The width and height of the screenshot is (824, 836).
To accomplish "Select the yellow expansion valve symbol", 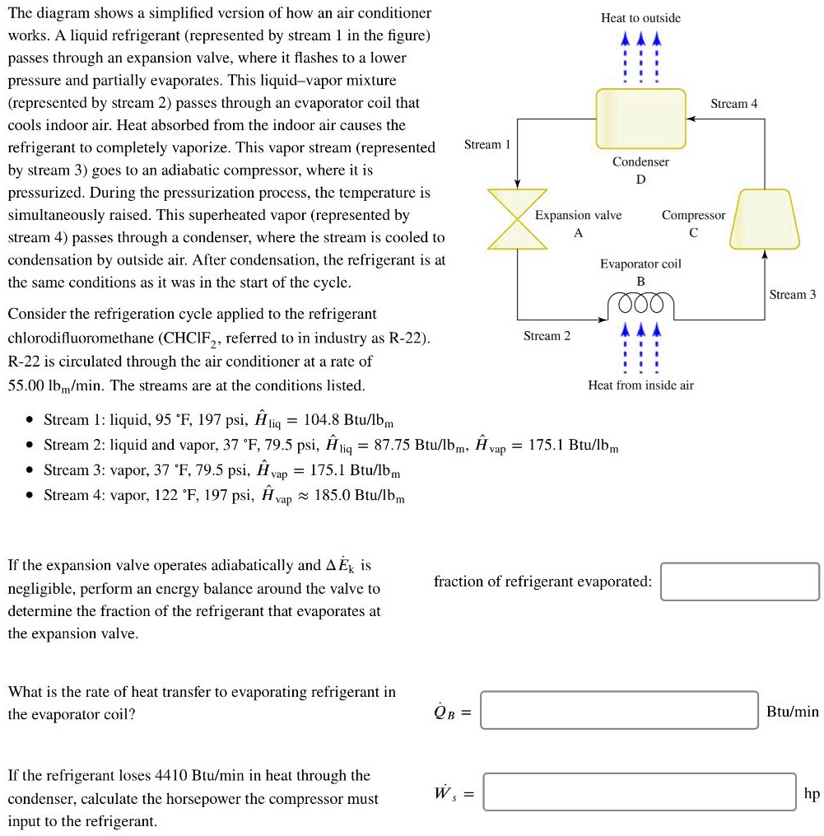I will tap(517, 219).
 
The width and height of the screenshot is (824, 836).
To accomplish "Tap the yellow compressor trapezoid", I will tap(766, 219).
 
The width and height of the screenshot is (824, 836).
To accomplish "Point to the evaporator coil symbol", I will tap(640, 305).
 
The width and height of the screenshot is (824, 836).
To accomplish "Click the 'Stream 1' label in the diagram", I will tap(487, 145).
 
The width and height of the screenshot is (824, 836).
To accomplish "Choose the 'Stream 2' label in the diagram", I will tap(547, 336).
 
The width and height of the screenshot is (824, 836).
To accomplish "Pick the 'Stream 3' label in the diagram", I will tap(792, 295).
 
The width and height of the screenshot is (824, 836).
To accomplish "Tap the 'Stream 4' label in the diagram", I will tap(733, 104).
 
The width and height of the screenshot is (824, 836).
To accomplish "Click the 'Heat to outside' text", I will tap(640, 18).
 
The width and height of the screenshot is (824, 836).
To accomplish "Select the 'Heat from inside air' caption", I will tap(640, 385).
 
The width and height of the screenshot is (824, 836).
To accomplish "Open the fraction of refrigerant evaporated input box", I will tap(739, 581).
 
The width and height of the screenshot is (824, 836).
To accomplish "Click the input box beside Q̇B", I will tap(619, 710).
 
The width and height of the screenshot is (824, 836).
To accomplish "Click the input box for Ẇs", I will tap(639, 792).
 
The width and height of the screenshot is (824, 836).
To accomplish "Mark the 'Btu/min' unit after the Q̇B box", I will tap(792, 712).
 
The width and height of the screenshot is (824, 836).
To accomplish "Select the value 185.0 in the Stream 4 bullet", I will tap(333, 496).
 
